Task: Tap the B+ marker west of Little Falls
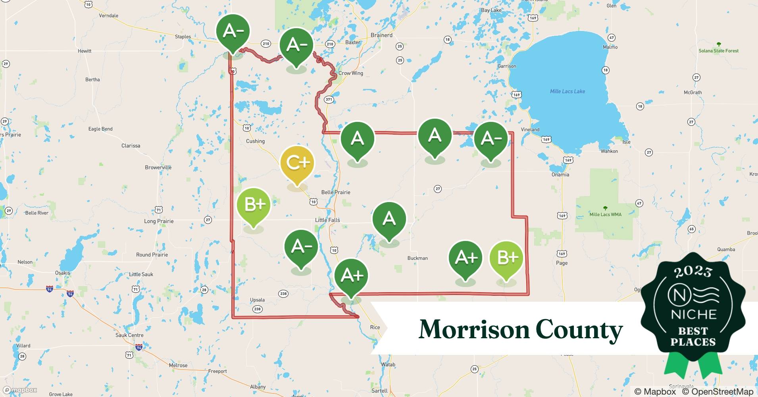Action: tap(253, 205)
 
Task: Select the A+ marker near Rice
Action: tap(351, 275)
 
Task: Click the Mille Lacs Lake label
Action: tap(567, 91)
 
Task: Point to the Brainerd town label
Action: tap(381, 35)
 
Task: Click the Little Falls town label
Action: tap(327, 220)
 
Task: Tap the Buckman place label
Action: tap(417, 258)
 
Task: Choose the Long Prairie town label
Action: tap(159, 221)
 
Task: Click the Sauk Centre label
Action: tap(129, 335)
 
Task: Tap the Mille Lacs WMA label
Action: tap(605, 214)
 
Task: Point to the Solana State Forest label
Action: tap(718, 51)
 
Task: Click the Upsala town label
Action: tap(257, 300)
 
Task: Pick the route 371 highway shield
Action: tap(329, 99)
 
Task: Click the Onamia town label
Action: tap(560, 175)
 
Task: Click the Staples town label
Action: tap(183, 37)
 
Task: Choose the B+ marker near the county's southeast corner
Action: tap(506, 258)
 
